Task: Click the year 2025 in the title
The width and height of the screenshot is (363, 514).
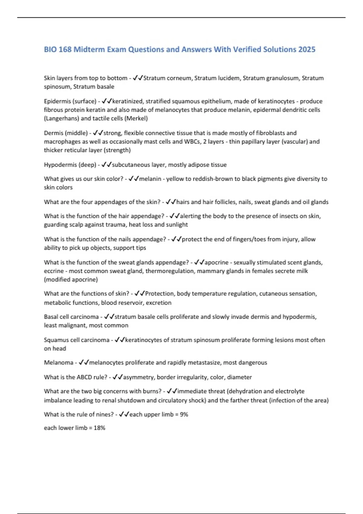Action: click(307, 49)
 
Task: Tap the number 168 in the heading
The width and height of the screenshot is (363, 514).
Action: click(65, 49)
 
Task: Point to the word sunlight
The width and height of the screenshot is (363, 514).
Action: click(177, 224)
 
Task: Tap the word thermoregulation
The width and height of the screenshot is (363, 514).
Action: click(169, 271)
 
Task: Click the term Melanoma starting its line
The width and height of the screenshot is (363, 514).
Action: click(58, 362)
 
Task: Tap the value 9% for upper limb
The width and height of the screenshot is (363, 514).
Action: click(184, 414)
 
